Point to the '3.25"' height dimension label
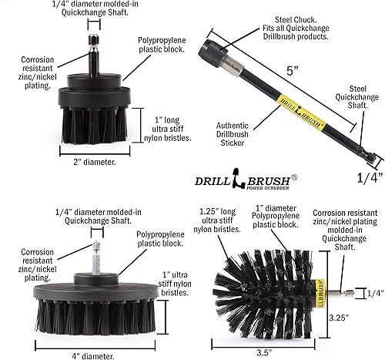363,316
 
